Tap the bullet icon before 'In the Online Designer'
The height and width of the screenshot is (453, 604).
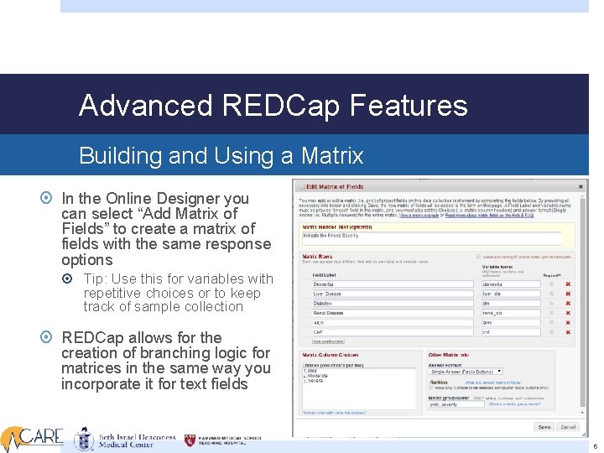click(49, 199)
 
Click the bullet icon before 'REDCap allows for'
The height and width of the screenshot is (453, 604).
click(49, 337)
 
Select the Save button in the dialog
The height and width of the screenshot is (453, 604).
click(544, 427)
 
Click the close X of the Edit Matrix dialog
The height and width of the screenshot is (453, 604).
click(581, 186)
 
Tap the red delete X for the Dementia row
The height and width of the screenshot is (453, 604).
click(568, 284)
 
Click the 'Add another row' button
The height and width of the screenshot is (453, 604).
click(328, 341)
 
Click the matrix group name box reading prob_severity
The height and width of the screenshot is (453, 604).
click(457, 405)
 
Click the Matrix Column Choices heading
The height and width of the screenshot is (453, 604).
click(331, 356)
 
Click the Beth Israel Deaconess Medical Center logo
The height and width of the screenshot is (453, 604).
click(126, 439)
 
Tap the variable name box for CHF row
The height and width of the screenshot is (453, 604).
click(506, 331)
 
